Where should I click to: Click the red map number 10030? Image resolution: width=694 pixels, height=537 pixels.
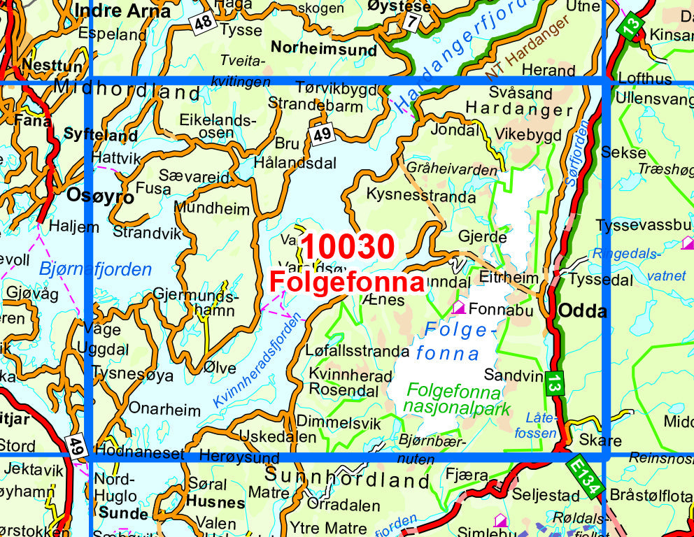pos(348,248)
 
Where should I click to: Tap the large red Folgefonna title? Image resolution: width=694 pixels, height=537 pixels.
pos(347,282)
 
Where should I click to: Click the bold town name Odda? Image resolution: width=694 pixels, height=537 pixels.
pos(582,312)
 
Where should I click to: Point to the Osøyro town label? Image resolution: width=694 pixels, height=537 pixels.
pos(100,196)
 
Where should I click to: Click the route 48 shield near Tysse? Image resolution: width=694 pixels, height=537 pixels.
pos(203,24)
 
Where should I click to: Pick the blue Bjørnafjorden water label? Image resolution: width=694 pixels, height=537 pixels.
pos(95,270)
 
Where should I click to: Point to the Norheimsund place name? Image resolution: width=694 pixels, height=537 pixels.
pos(323,49)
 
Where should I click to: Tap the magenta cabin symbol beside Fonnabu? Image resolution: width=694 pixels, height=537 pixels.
pos(459,307)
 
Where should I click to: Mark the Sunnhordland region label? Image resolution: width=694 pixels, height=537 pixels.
pos(347,480)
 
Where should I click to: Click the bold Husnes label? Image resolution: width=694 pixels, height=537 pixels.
pos(215,502)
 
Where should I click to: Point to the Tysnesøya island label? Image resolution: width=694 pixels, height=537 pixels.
pos(132,374)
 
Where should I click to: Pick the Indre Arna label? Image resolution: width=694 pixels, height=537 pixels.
pos(122,12)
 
